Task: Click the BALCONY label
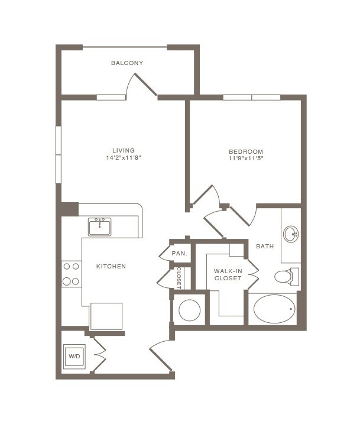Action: click(x=127, y=63)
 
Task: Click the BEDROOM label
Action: click(x=245, y=151)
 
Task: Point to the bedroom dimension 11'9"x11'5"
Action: click(x=245, y=158)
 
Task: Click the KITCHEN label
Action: click(x=111, y=267)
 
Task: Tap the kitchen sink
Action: click(x=100, y=226)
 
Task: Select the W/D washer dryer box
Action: click(x=74, y=357)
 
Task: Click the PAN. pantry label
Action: click(x=179, y=254)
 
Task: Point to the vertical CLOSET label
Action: click(x=179, y=278)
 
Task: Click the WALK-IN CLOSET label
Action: click(x=228, y=274)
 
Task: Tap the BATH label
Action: click(x=265, y=246)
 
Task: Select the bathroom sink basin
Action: click(x=291, y=234)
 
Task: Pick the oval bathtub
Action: click(x=274, y=309)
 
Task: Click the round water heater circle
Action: click(x=190, y=310)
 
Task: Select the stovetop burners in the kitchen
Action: click(x=71, y=274)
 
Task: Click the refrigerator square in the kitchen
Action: click(x=106, y=316)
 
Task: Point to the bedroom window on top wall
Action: click(x=251, y=97)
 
